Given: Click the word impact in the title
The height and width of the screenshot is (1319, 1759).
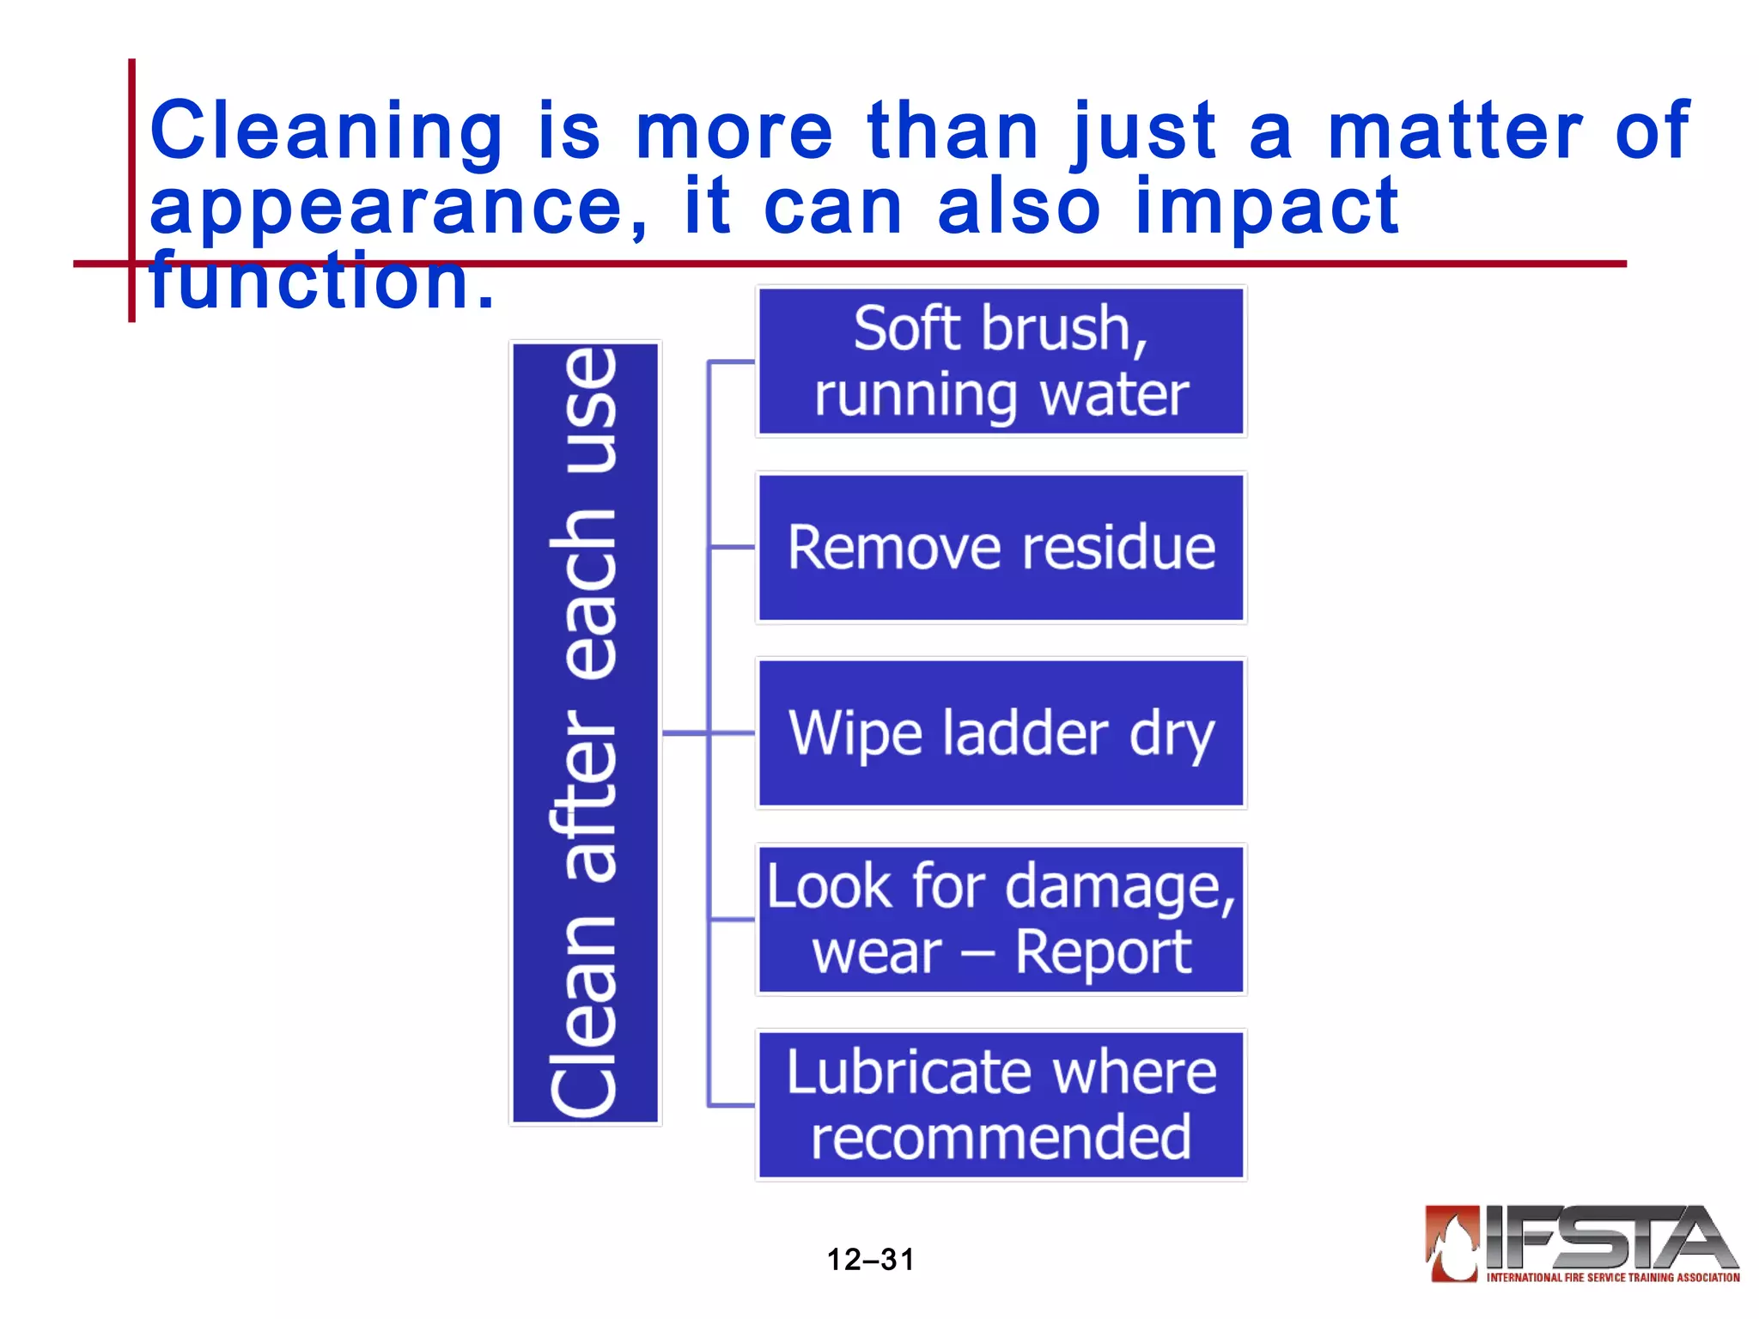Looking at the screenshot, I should [1267, 209].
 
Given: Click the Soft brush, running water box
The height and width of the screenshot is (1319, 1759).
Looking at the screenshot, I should [1001, 362].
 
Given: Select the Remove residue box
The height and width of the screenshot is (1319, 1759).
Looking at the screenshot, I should [1001, 547].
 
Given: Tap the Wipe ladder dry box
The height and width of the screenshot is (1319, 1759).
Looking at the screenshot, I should [1001, 733].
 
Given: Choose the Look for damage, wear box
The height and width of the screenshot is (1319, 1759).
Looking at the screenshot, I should [1001, 919].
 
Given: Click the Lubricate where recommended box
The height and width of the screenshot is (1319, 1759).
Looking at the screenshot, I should [1001, 1105].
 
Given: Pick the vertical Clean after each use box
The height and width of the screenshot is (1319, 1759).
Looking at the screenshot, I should [585, 732].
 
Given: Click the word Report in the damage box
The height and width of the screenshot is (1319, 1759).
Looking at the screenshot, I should [1103, 953].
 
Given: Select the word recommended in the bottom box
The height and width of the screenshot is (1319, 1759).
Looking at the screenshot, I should [1001, 1138].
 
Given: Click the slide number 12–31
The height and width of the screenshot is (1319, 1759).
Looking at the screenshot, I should [870, 1260].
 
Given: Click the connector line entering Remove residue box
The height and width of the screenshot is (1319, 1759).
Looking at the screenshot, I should [733, 547].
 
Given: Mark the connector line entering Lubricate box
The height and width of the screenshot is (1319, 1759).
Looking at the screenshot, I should [733, 1105].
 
